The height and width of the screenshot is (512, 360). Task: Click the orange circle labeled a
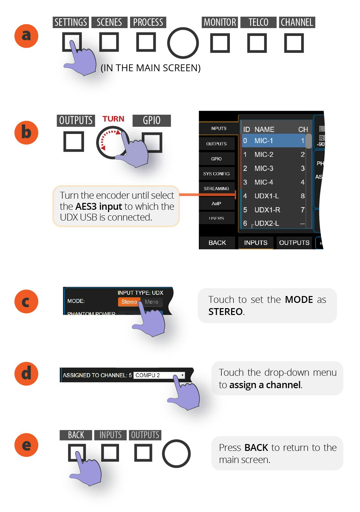click(26, 36)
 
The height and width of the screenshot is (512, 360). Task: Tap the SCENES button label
click(109, 22)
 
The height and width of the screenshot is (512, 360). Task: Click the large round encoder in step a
click(183, 43)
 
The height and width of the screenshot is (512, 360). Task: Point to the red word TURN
click(113, 119)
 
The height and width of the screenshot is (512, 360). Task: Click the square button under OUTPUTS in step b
click(74, 141)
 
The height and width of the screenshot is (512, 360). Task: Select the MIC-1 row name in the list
click(264, 141)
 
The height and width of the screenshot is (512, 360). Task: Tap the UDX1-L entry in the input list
click(266, 196)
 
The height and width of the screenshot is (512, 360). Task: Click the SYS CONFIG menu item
click(216, 174)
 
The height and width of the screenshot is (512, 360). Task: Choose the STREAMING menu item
click(216, 189)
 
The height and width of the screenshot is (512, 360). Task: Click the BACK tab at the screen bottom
click(217, 243)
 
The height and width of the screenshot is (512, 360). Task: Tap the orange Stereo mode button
click(129, 302)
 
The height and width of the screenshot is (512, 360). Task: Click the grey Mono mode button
click(152, 302)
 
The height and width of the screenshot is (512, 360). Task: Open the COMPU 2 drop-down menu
click(159, 375)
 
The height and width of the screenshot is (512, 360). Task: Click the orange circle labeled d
click(26, 373)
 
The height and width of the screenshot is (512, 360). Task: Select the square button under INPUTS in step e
click(110, 453)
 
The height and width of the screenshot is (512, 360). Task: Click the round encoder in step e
click(176, 454)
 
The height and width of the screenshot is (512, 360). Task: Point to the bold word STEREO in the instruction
click(226, 312)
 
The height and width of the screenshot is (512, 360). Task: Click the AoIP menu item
click(216, 204)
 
